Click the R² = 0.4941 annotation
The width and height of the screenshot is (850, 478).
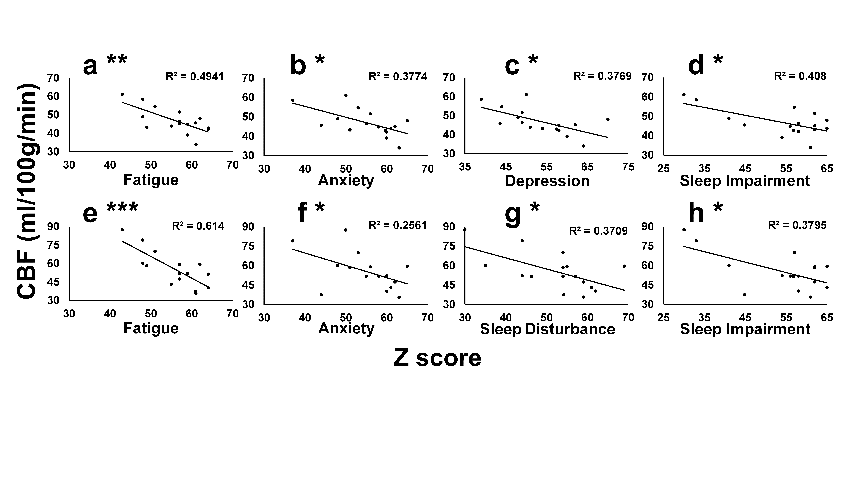pos(195,76)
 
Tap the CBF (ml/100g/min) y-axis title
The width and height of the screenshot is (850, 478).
pos(28,191)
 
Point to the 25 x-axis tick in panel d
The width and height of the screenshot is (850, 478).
pos(664,169)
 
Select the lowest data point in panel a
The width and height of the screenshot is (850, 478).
pos(196,144)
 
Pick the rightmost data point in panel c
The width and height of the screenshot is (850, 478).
pos(608,119)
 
